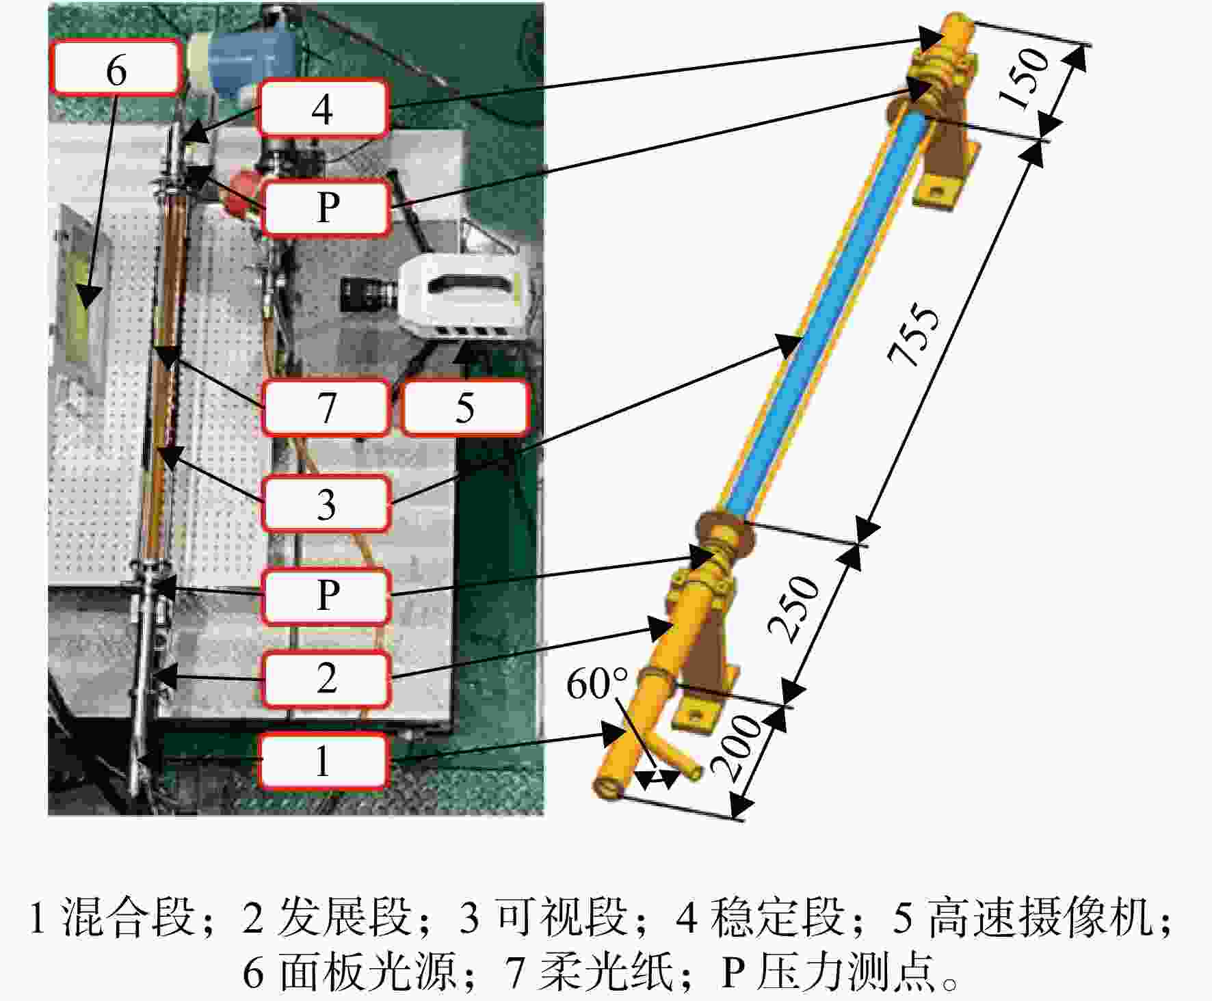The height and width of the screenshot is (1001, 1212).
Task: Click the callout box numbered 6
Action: [x=116, y=67]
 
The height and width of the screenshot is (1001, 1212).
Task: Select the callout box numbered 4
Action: [x=324, y=108]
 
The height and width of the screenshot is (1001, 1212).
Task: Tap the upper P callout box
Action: [x=327, y=207]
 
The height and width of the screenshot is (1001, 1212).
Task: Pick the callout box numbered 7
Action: [x=326, y=408]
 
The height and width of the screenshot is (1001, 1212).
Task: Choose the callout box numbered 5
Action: [x=465, y=408]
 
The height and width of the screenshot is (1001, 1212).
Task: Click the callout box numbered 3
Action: [x=326, y=504]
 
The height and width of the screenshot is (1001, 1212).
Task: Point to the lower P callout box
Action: [x=327, y=596]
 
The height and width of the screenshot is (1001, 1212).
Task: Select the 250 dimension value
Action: [x=793, y=609]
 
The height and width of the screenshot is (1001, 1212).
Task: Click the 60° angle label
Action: [x=597, y=684]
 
